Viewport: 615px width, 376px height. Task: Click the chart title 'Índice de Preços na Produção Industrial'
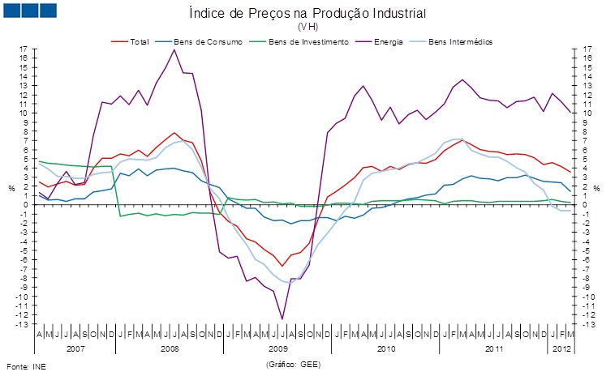tap(307, 14)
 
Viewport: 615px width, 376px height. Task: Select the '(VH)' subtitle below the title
tap(307, 27)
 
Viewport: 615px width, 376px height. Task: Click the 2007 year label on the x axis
tap(75, 349)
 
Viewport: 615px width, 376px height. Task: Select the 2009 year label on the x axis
tap(279, 349)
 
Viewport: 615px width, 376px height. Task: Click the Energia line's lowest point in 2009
tap(282, 319)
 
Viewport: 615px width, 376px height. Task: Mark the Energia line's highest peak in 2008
tap(174, 50)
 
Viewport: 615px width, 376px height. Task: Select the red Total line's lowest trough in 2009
tap(282, 266)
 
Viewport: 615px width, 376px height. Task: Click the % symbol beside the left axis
tap(11, 189)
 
